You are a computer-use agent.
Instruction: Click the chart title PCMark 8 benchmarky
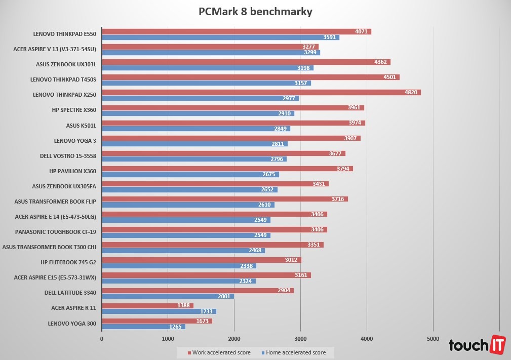pyautogui.click(x=255, y=11)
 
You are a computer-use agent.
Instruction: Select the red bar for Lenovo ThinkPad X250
pyautogui.click(x=261, y=93)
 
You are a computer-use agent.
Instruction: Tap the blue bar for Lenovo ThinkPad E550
pyautogui.click(x=220, y=37)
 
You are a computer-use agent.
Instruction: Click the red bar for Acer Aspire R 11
pyautogui.click(x=147, y=305)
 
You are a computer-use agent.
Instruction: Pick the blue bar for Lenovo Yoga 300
pyautogui.click(x=143, y=327)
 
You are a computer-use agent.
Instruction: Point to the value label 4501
pyautogui.click(x=390, y=77)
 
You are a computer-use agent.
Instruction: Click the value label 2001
pyautogui.click(x=224, y=296)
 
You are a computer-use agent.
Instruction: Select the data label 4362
pyautogui.click(x=381, y=62)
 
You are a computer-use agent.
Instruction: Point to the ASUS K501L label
pyautogui.click(x=81, y=125)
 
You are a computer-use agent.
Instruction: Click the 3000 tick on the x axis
pyautogui.click(x=300, y=339)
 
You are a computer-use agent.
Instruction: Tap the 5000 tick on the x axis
pyautogui.click(x=433, y=339)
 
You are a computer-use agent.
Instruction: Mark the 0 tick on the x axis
pyautogui.click(x=102, y=339)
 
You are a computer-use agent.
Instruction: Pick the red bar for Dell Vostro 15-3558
pyautogui.click(x=223, y=153)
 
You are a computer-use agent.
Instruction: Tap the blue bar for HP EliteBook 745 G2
pyautogui.click(x=179, y=266)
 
